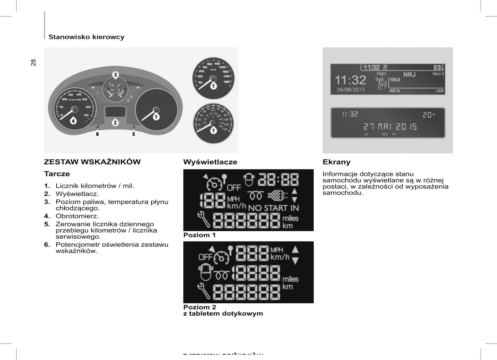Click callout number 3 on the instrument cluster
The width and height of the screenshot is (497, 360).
pyautogui.click(x=116, y=75)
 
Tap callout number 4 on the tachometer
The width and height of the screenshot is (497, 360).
pyautogui.click(x=73, y=121)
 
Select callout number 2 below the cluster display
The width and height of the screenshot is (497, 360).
pyautogui.click(x=115, y=122)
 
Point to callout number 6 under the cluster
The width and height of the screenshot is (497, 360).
pyautogui.click(x=97, y=134)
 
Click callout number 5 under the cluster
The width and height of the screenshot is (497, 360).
pyautogui.click(x=134, y=134)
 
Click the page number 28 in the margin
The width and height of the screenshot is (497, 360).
pyautogui.click(x=33, y=62)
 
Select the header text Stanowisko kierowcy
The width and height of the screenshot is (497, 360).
pyautogui.click(x=86, y=37)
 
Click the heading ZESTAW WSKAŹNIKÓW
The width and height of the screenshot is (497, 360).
pyautogui.click(x=92, y=162)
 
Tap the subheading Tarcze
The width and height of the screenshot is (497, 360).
pyautogui.click(x=57, y=174)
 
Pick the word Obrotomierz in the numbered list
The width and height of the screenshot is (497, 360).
pyautogui.click(x=77, y=216)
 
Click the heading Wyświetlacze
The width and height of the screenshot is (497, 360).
pyautogui.click(x=210, y=162)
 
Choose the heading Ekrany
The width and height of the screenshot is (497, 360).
pyautogui.click(x=336, y=162)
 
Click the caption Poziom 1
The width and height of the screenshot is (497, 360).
pyautogui.click(x=199, y=235)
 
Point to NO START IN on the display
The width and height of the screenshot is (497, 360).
pyautogui.click(x=273, y=208)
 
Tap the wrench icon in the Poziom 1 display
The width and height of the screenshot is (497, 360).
pyautogui.click(x=204, y=220)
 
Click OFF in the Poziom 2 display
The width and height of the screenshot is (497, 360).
pyautogui.click(x=205, y=257)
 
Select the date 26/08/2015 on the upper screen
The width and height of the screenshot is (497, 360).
pyautogui.click(x=350, y=90)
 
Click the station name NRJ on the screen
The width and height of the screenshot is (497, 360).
pyautogui.click(x=409, y=75)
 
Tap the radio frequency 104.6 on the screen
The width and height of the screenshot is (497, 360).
pyautogui.click(x=395, y=80)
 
